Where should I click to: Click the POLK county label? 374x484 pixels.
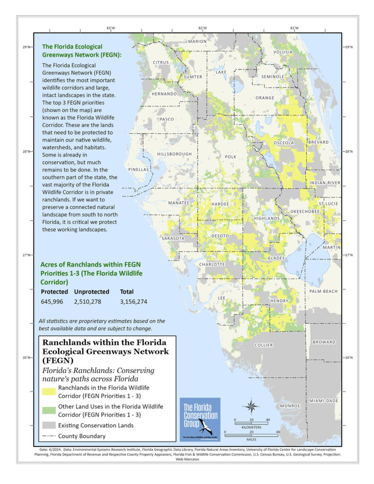click(x=230, y=156)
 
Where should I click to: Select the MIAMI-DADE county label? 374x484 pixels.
click(x=324, y=401)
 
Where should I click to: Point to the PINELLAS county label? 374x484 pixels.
click(x=138, y=169)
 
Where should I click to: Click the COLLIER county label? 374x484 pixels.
click(x=264, y=345)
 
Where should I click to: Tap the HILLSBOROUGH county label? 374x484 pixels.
click(x=174, y=154)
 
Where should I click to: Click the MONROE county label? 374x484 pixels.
click(x=290, y=406)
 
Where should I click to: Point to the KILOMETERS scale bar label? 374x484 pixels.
click(x=251, y=426)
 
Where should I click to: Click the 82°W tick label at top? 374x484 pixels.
click(x=202, y=28)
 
